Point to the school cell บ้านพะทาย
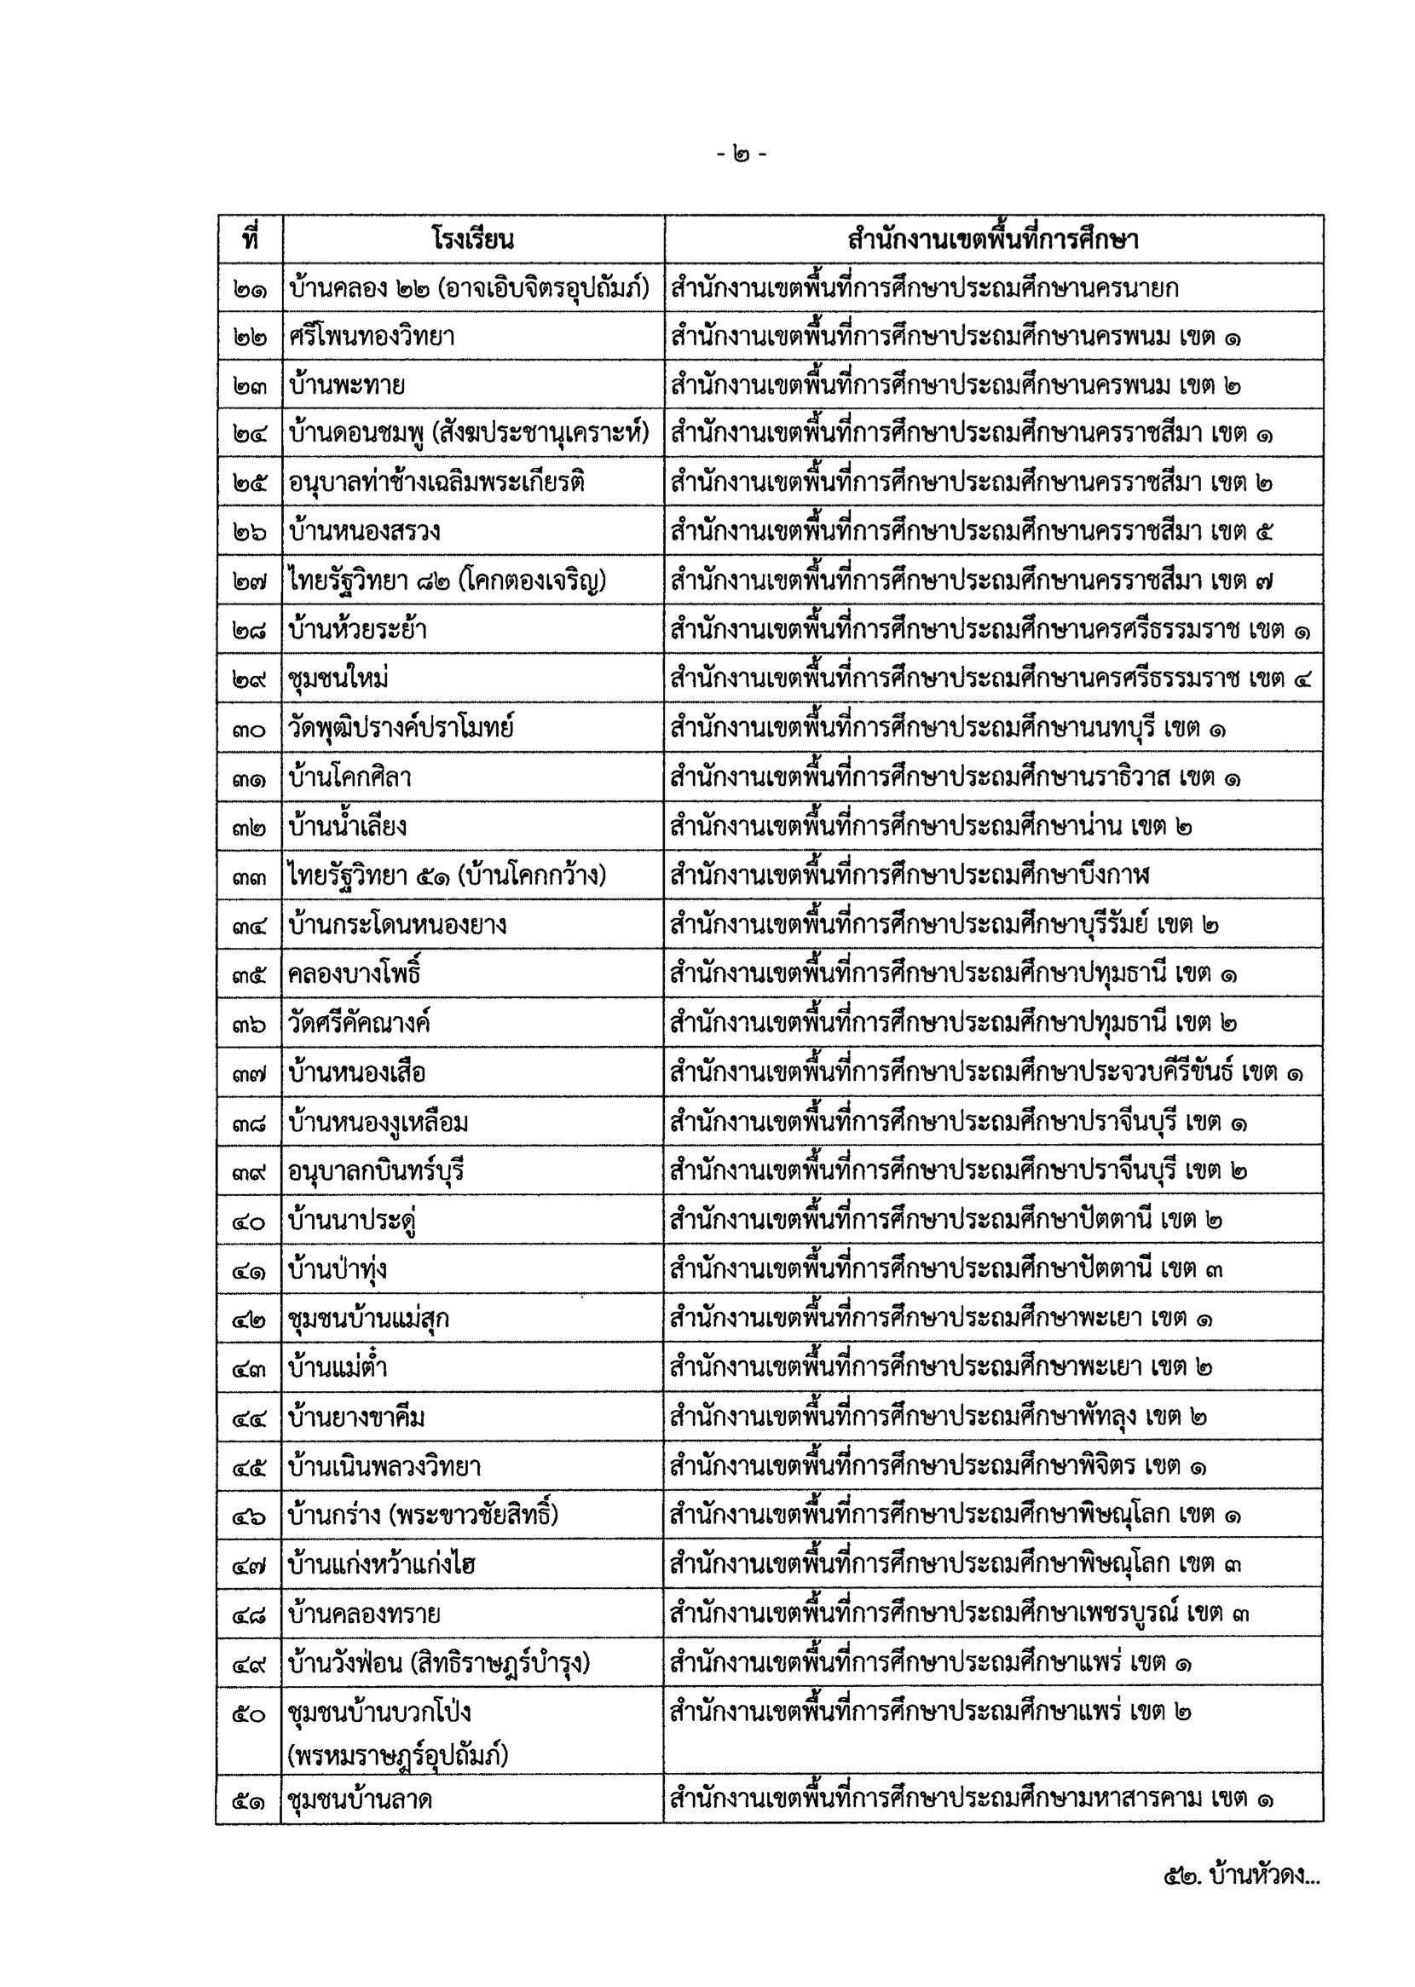(x=347, y=385)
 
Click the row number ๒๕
(x=249, y=482)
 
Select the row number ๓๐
(x=249, y=728)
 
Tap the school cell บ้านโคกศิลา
(x=350, y=777)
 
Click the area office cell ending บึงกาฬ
(x=910, y=875)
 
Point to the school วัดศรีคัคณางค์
(x=360, y=1022)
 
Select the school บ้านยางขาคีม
(x=357, y=1417)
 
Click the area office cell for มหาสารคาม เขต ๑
(x=972, y=1799)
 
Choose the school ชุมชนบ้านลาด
(x=361, y=1799)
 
